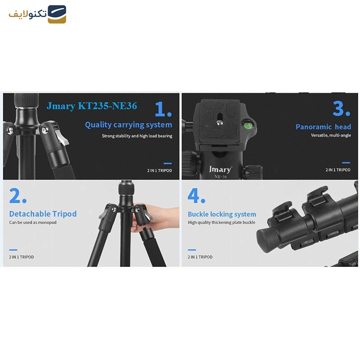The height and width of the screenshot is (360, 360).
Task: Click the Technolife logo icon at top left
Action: tap(57, 14)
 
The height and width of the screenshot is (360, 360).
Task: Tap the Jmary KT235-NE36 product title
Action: tap(92, 106)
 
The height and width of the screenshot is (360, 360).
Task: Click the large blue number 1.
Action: tap(163, 109)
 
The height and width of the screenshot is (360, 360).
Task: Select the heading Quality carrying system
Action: tap(129, 125)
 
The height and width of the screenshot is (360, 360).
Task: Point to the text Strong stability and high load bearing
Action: tap(137, 136)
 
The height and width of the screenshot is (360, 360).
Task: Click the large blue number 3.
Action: tap(342, 108)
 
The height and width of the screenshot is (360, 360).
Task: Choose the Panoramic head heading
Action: tap(323, 127)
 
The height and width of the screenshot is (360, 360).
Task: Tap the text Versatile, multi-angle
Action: tap(331, 135)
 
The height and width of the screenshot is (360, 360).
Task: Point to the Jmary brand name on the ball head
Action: tap(220, 170)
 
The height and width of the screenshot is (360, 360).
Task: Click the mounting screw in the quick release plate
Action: tap(220, 123)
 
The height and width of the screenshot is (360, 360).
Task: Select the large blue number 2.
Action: tap(18, 196)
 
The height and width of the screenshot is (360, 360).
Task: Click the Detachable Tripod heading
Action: tap(43, 214)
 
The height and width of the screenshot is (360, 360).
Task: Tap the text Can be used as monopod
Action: tap(33, 222)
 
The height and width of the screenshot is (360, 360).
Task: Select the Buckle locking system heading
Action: tap(222, 214)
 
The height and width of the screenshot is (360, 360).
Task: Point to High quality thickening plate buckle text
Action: tap(221, 222)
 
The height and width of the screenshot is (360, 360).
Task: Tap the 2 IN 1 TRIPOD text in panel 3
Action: tap(338, 170)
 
